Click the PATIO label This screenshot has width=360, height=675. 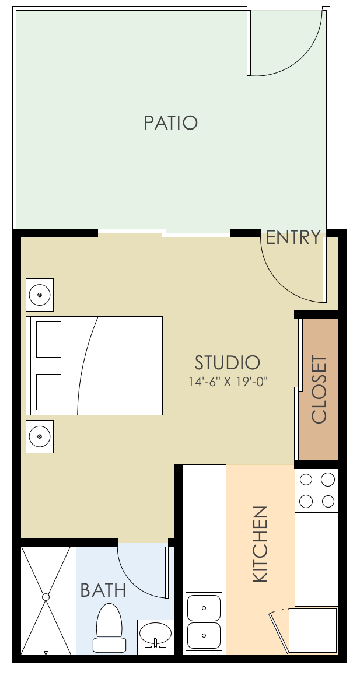click(171, 123)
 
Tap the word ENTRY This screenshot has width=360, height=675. click(293, 238)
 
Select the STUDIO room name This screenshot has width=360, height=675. click(227, 362)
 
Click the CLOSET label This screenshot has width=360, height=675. click(319, 389)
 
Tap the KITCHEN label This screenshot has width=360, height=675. click(260, 544)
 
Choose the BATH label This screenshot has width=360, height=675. click(103, 590)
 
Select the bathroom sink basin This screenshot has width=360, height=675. click(156, 632)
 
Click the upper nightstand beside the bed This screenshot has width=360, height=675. click(40, 295)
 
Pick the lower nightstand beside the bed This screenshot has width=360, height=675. click(40, 436)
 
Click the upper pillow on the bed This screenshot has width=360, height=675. click(49, 339)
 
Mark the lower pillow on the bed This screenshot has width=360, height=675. click(49, 392)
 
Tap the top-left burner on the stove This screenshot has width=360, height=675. click(306, 480)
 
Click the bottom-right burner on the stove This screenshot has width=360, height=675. click(328, 501)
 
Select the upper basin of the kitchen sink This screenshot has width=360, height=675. click(204, 607)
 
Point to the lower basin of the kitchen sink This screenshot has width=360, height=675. click(204, 635)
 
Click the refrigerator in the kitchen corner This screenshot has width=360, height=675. click(313, 631)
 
